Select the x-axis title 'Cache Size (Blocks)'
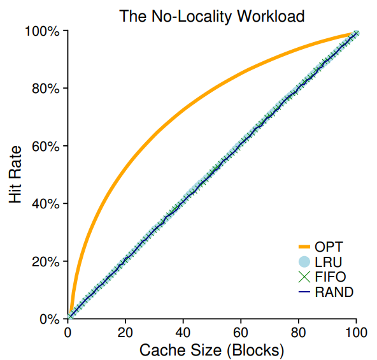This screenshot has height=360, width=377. [211, 350]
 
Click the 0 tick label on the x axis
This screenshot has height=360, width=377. [68, 332]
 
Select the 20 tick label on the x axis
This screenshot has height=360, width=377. [125, 332]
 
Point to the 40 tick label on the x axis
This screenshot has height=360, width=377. [183, 332]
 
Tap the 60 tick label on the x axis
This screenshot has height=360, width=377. [241, 332]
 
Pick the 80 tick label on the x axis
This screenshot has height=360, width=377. [299, 332]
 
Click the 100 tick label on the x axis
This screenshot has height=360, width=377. [356, 332]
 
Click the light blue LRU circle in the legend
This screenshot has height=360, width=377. [304, 262]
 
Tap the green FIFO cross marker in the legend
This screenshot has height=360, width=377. [304, 277]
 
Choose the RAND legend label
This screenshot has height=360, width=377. [334, 292]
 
